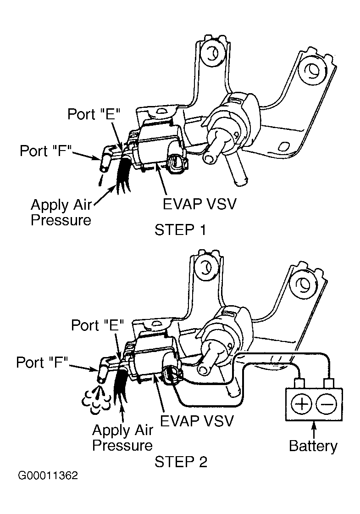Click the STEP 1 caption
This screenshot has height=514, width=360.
point(180,229)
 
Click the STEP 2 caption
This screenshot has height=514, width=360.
point(181,461)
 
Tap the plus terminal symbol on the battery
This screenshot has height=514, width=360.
point(302,404)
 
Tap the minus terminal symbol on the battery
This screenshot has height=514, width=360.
point(329,404)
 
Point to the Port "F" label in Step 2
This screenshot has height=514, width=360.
point(42,363)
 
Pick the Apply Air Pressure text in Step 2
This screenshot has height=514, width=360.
point(122,437)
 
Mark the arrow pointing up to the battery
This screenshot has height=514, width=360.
point(314,428)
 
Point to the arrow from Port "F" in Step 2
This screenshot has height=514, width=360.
point(82,366)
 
